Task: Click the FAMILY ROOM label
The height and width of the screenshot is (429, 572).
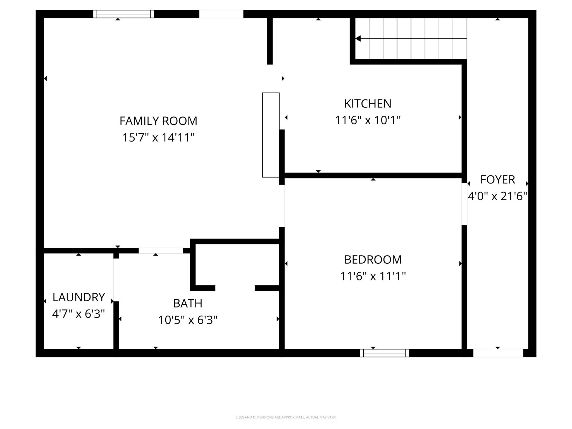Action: [x=158, y=121]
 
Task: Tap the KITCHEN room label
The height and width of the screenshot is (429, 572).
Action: [x=368, y=104]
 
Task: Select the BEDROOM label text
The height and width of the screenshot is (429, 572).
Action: [x=373, y=260]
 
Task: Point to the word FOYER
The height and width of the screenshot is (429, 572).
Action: [x=497, y=180]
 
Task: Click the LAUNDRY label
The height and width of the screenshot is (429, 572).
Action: [x=78, y=297]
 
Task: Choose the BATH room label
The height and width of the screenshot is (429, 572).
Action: [x=188, y=303]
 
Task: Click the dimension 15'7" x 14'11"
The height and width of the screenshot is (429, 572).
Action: [x=158, y=138]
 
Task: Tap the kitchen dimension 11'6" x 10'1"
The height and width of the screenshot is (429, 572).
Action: [x=368, y=120]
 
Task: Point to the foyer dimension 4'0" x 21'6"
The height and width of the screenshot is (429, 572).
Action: [x=497, y=196]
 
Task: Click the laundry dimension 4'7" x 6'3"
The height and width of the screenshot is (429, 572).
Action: [x=78, y=314]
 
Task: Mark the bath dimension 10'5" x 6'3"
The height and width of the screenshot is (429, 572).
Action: [x=188, y=320]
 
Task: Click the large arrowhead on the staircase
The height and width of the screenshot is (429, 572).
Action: [x=358, y=39]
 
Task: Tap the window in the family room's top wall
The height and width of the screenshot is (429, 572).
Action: [x=123, y=14]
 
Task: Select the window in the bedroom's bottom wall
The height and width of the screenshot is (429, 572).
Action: [x=384, y=353]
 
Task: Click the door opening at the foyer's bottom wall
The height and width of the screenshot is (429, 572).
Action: [x=498, y=353]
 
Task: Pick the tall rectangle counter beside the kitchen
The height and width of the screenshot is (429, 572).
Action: [x=271, y=135]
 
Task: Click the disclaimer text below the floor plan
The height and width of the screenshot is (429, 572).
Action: [x=286, y=417]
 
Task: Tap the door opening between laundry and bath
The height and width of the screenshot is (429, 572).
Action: [x=116, y=280]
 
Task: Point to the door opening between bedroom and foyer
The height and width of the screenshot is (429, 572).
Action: [x=464, y=204]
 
